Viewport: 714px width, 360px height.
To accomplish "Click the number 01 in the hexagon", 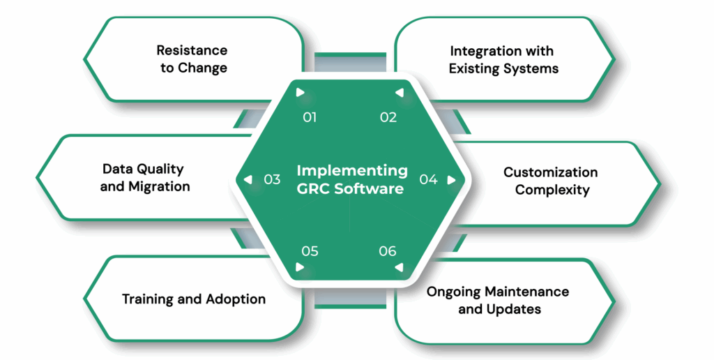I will (x=310, y=117).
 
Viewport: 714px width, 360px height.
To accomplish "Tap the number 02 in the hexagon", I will (x=388, y=117).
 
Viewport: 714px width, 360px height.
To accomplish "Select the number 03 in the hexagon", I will (x=272, y=179).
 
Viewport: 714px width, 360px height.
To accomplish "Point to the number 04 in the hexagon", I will (x=428, y=179).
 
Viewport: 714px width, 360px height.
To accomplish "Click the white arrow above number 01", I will (x=300, y=92).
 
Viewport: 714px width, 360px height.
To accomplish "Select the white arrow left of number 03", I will (x=248, y=179).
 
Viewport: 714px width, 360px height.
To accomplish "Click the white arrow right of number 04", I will (x=451, y=179).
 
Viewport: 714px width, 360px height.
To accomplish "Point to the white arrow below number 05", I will (x=300, y=267).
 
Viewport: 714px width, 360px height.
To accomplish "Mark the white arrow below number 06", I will (x=398, y=267).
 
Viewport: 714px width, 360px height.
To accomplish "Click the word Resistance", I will (x=192, y=50).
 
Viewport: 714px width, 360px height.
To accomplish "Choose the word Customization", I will (x=551, y=172).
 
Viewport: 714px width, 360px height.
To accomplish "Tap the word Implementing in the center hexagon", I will (x=352, y=170).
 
